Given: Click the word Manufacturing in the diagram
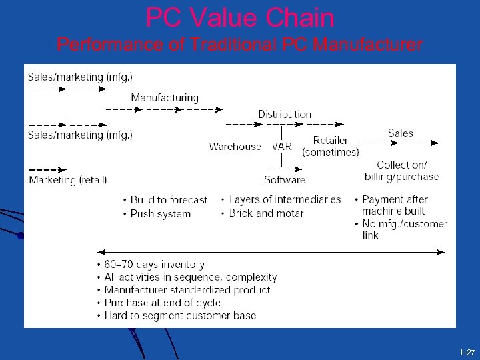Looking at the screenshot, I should click(165, 98).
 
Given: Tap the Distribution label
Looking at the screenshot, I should click(285, 114).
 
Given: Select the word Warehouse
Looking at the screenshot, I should click(235, 147).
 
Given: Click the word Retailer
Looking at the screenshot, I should click(331, 141).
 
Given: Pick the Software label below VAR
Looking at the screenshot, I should click(285, 179).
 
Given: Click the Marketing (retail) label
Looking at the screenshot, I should click(67, 180).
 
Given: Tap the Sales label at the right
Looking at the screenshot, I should click(400, 133).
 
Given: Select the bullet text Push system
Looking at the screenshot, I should click(161, 214).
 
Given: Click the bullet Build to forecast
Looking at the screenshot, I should click(169, 200).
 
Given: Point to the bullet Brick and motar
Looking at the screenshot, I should click(266, 213).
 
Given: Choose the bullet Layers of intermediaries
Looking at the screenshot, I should click(285, 199).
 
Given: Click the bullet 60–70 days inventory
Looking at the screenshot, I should click(154, 265).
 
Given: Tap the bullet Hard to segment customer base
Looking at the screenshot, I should click(180, 315).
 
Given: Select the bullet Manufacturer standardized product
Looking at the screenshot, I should click(187, 290).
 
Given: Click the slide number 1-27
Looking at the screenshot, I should click(466, 351).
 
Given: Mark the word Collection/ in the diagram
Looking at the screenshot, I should click(401, 165).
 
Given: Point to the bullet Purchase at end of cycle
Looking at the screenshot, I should click(162, 303).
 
